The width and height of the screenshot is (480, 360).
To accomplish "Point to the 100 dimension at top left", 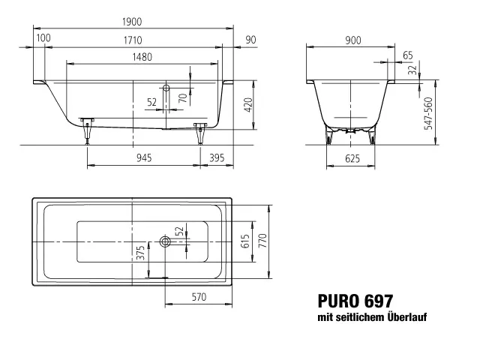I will (43, 37).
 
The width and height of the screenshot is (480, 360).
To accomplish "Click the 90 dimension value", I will (250, 37).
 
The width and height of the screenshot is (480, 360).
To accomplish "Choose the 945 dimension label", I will (144, 157).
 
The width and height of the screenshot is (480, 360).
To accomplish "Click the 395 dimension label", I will (217, 157).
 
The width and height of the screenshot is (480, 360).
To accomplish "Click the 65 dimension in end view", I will (407, 55).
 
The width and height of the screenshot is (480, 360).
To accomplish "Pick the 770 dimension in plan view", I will (263, 241).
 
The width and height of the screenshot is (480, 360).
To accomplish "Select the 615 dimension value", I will (244, 241).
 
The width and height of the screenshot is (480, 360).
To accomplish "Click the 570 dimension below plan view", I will (198, 297).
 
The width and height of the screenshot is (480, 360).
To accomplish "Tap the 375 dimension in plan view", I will (139, 253).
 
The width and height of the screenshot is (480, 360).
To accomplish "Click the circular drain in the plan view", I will (165, 241).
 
